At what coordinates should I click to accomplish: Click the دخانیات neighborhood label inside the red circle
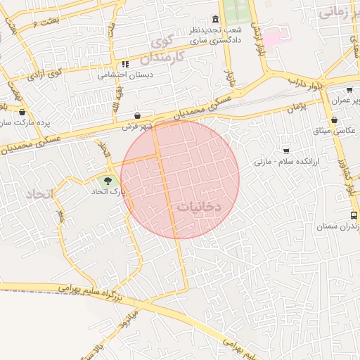(x=200, y=207)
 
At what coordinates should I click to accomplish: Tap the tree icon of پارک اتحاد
(x=108, y=181)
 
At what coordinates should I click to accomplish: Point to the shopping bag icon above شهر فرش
(x=138, y=116)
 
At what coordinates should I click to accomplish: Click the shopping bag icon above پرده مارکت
(x=22, y=112)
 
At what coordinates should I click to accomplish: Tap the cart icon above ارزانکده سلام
(x=285, y=150)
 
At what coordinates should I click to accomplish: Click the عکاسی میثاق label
(x=337, y=131)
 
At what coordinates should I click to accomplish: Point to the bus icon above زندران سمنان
(x=353, y=216)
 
